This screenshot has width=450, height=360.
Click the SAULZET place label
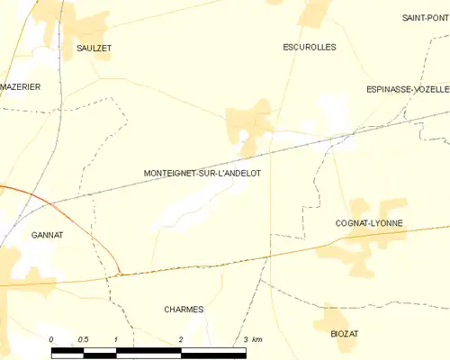[x=94, y=49]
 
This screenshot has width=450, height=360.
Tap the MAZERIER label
[x=21, y=86]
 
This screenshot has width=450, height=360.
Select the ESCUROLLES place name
[x=309, y=47]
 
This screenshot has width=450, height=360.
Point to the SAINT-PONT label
[x=425, y=18]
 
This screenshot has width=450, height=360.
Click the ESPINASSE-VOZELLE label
[x=408, y=89]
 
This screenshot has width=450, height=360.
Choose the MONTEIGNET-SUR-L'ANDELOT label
[x=202, y=173]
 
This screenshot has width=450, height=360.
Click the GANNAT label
[x=47, y=235]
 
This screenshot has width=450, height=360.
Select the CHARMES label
[x=184, y=309]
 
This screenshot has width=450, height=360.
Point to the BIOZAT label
[x=344, y=333]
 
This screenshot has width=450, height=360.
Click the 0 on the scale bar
[x=51, y=339]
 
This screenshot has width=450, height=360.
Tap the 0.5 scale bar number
[x=83, y=339]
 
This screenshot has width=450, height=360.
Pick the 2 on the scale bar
[x=181, y=339]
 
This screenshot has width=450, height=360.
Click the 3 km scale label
[x=251, y=339]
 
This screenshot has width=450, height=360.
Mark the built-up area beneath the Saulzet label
[x=90, y=27]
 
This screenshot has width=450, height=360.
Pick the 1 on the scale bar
[x=116, y=339]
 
